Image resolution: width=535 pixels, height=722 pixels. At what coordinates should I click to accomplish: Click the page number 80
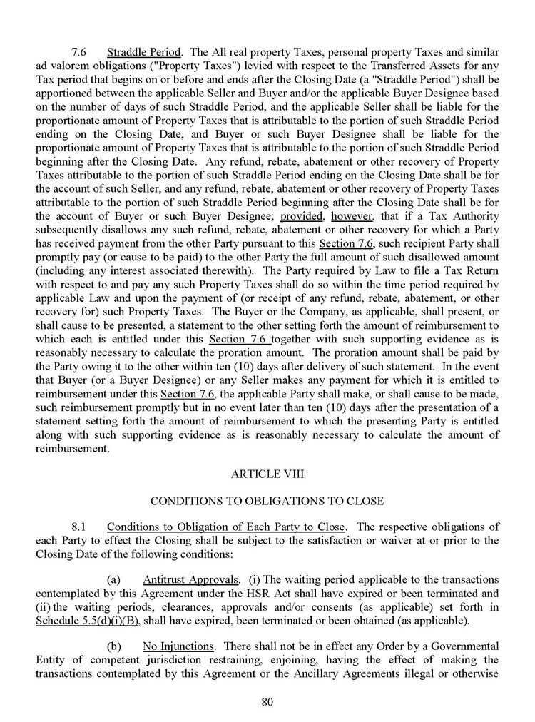coord(267,701)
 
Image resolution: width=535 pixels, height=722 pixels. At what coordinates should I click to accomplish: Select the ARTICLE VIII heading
coord(267,474)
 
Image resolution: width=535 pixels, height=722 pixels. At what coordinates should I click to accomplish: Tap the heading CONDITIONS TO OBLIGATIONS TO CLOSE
coord(267,500)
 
